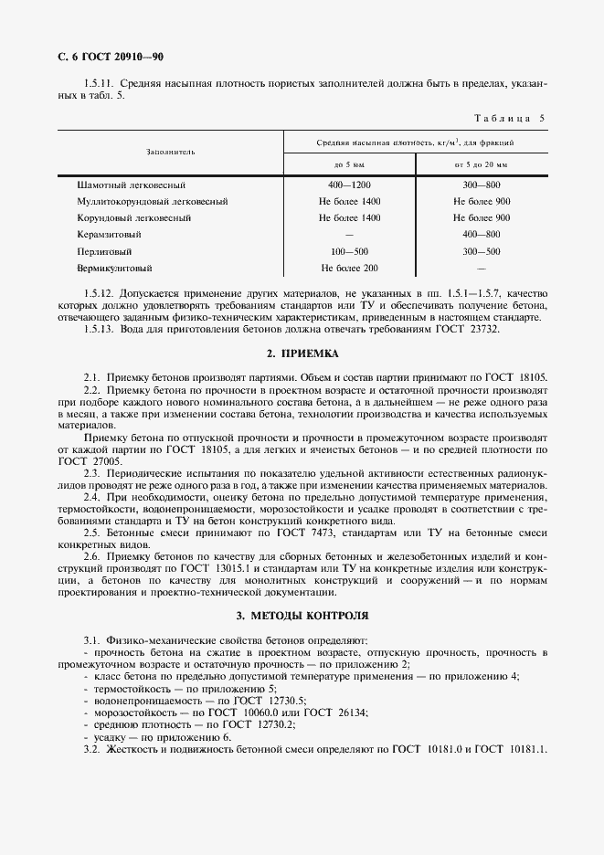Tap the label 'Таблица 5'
click(510, 119)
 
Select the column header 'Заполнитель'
click(170, 152)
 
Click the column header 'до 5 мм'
click(349, 164)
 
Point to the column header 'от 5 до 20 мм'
click(481, 164)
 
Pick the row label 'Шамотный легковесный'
click(132, 185)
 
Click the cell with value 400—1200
click(349, 185)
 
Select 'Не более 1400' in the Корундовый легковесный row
click(349, 218)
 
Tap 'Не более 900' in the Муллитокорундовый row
click(481, 201)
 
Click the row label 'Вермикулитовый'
click(115, 269)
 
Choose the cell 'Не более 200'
click(349, 269)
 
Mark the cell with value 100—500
click(349, 251)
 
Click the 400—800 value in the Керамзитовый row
click(481, 235)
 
